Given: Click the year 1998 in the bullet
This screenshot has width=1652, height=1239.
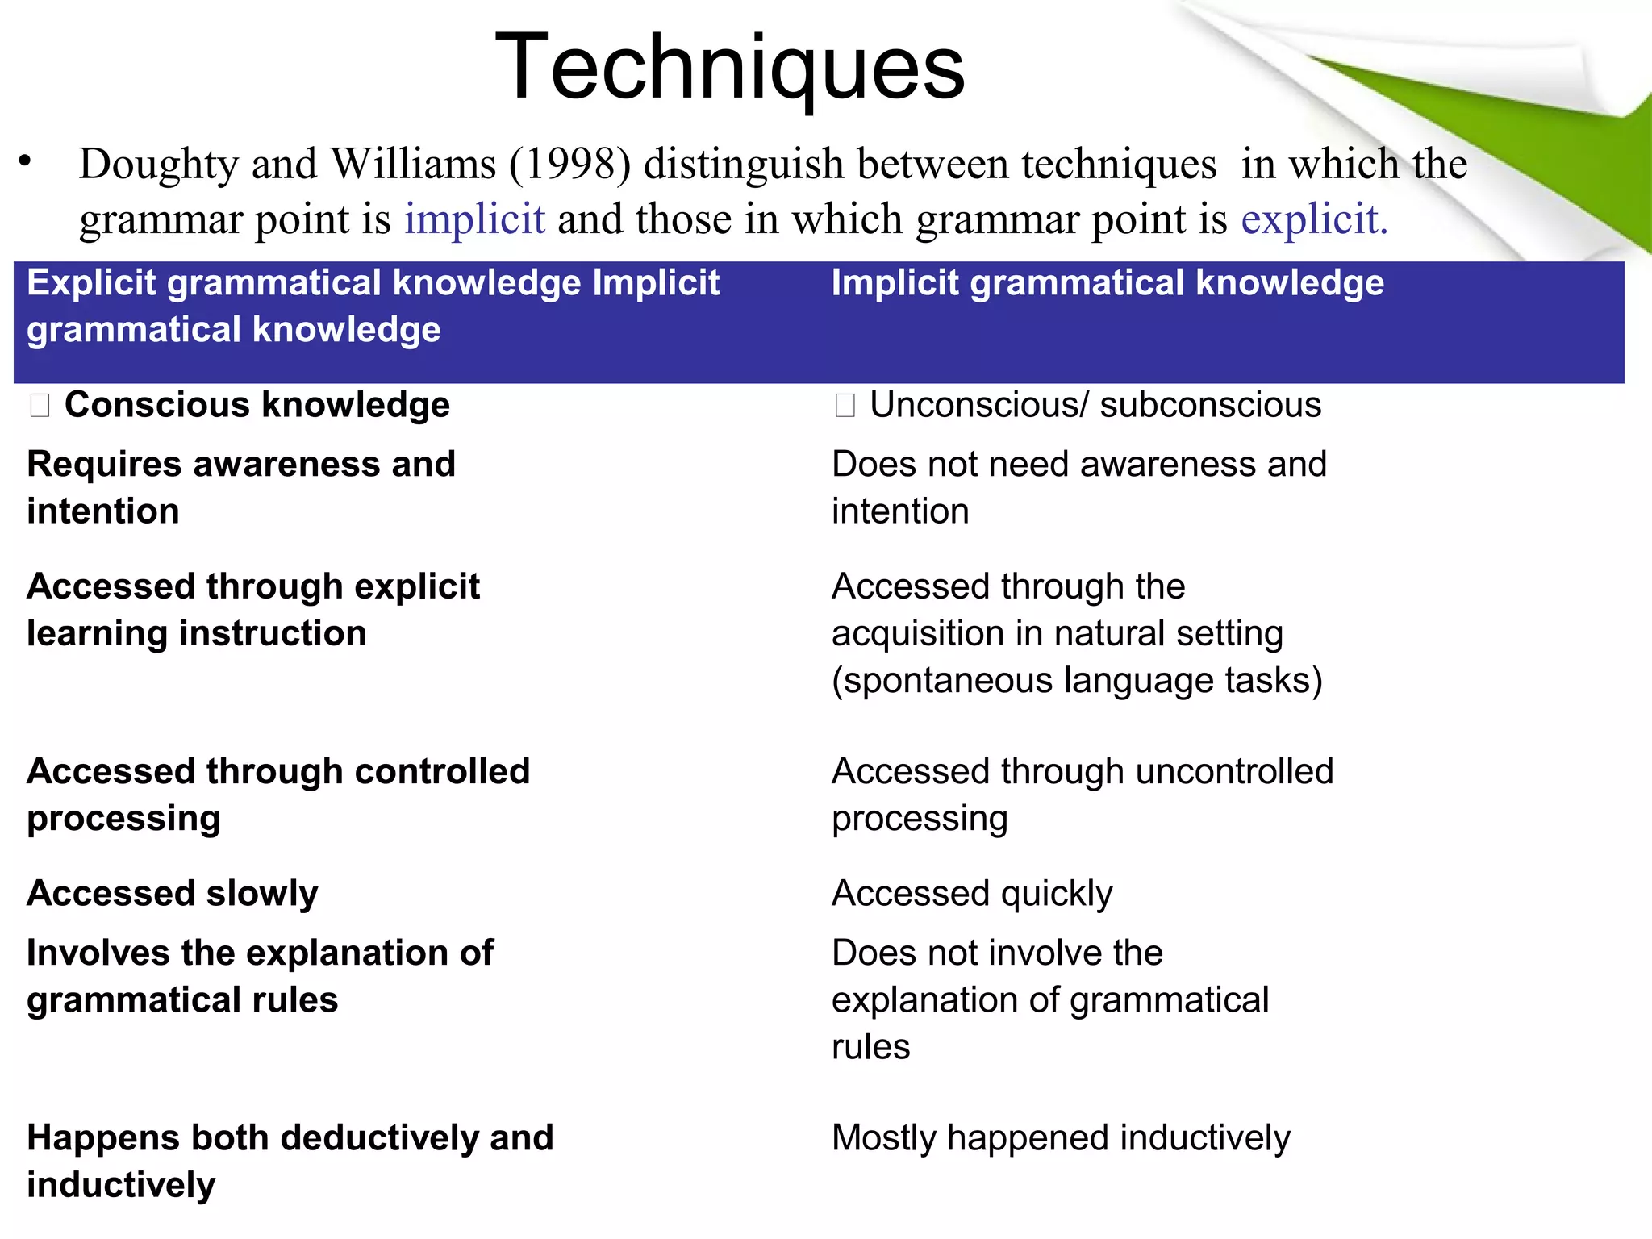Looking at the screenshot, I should pos(569,164).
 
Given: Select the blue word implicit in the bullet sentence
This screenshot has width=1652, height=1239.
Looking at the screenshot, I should pos(474,219).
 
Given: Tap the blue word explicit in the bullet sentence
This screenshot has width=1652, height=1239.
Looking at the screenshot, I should pos(1313,219).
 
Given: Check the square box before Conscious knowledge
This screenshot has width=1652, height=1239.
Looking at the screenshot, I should pos(40,405).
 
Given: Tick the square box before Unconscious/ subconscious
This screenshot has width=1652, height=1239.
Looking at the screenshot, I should pos(845,405).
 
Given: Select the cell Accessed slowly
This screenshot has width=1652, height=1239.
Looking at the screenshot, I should pos(173,894).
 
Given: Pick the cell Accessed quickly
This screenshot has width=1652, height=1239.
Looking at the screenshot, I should pos(972,894).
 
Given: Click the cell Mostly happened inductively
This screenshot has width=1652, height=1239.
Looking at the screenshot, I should pos(1061,1138).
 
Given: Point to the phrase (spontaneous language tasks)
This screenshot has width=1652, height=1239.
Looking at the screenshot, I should pos(1077,681).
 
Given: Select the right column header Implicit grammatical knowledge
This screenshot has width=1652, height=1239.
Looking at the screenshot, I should pos(1108,283).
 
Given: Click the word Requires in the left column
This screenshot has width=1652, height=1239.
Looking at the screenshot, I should pos(104,465).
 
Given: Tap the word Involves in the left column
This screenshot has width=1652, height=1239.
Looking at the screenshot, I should pos(98,953).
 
